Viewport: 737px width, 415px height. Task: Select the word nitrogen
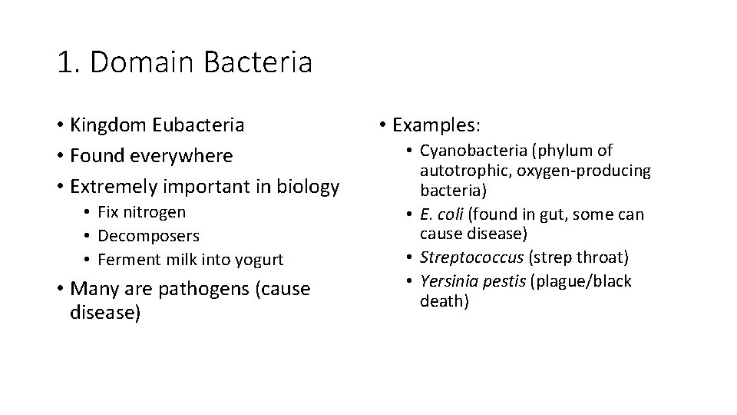(x=157, y=212)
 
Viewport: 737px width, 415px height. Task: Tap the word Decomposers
(x=149, y=236)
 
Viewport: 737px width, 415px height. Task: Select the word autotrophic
(x=460, y=170)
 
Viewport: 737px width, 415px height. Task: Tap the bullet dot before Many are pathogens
(x=61, y=289)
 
